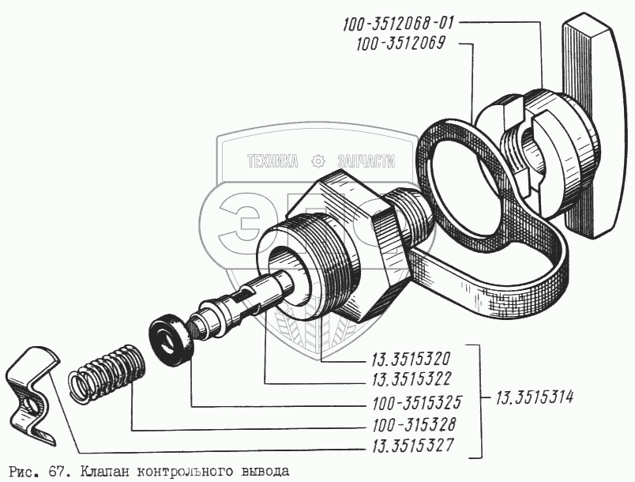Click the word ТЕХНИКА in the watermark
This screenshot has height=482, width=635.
tap(272, 161)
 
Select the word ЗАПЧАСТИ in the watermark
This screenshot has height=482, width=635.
tap(365, 161)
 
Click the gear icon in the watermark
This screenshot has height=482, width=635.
tap(318, 161)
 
